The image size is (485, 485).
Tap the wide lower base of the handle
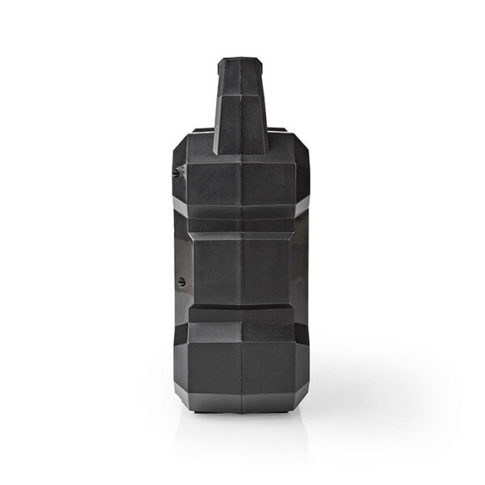pos(242,137)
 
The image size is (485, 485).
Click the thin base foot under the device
pos(242,415)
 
